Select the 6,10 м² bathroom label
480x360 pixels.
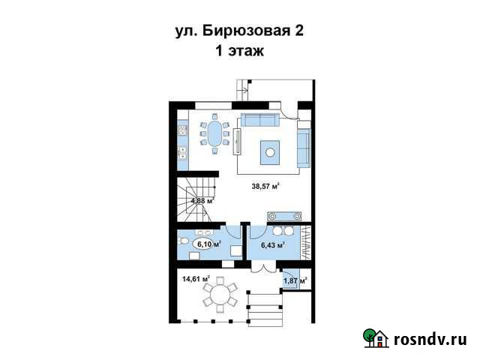point(208,244)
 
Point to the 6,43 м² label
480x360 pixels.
point(271,244)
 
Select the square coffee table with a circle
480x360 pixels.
point(268,153)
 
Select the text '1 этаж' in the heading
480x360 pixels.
point(239,52)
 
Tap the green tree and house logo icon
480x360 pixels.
point(375,338)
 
